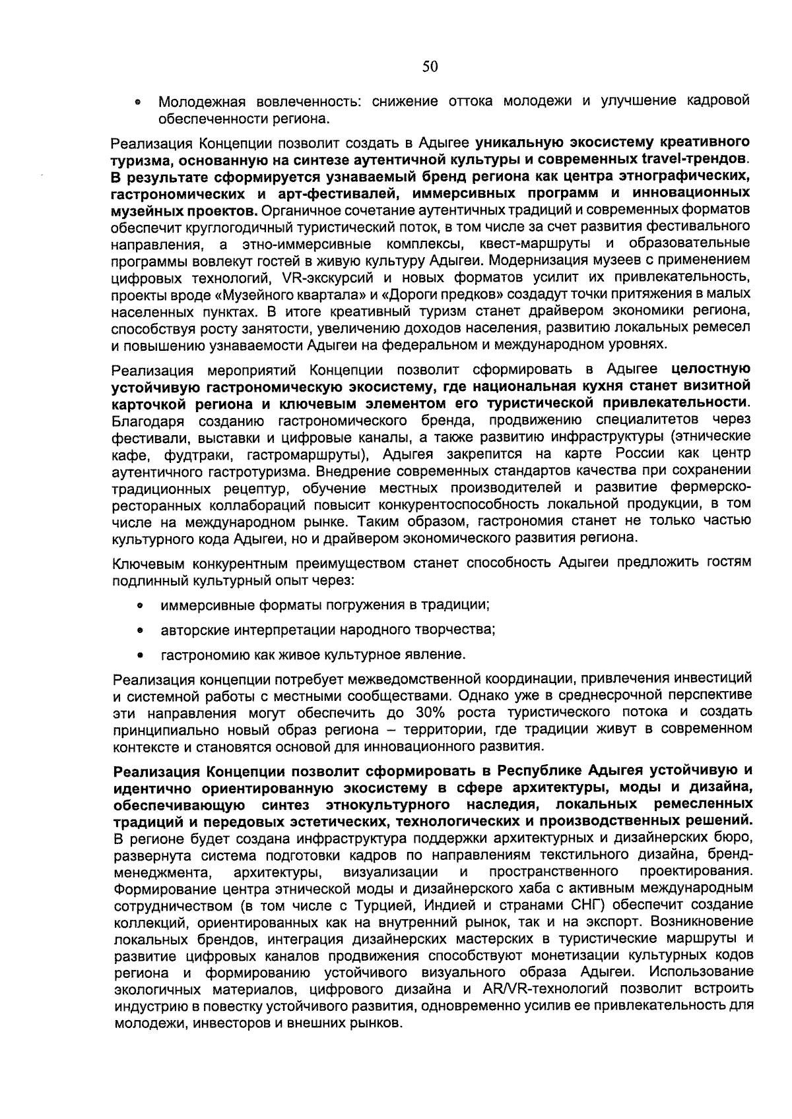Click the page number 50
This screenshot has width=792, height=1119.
(430, 66)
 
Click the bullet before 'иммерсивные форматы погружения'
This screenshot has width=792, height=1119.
(140, 605)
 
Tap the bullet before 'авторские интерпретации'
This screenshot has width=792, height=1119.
(140, 630)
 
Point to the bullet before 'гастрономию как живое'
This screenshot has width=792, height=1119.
(140, 655)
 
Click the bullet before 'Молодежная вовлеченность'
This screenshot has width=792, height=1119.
(137, 103)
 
